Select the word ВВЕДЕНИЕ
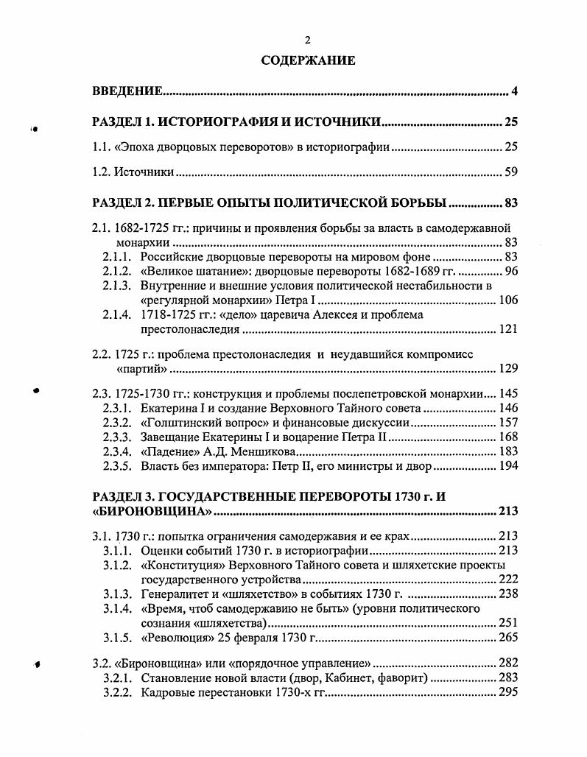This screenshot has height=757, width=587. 127,91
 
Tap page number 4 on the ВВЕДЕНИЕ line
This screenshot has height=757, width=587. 515,91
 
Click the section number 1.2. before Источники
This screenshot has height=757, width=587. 102,172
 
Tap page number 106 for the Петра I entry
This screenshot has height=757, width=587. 509,300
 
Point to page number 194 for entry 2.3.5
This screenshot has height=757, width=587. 509,465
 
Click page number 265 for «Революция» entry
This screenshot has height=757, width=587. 509,637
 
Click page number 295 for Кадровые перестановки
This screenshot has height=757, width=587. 509,691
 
